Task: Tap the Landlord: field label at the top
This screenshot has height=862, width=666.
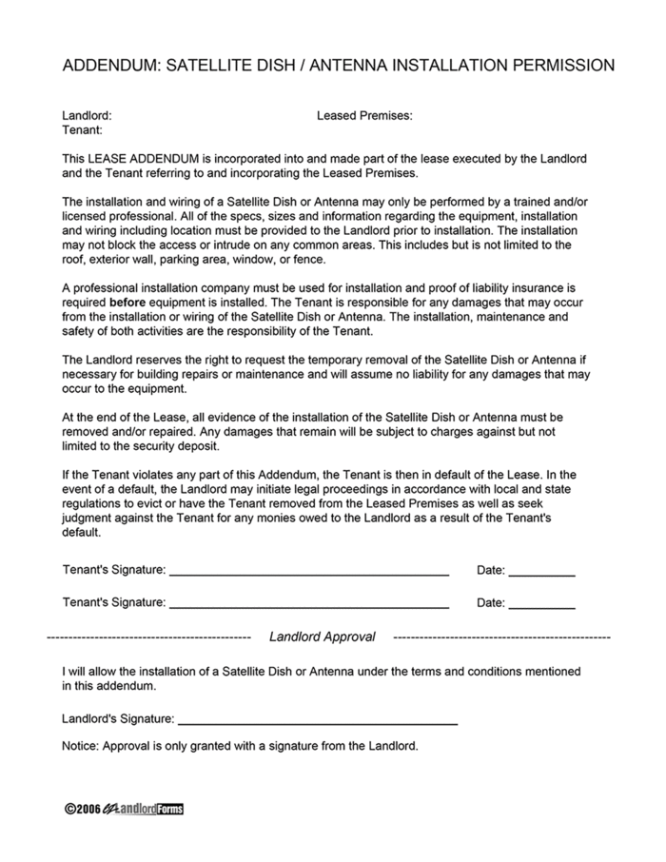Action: tap(87, 115)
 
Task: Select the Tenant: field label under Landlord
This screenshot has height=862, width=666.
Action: tap(83, 129)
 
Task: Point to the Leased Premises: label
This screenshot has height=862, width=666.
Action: tap(364, 115)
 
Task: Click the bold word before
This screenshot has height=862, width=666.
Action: tap(128, 302)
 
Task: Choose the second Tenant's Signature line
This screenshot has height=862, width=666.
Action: tap(308, 607)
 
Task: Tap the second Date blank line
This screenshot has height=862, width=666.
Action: tap(541, 607)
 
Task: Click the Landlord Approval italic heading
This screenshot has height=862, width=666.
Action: tap(323, 637)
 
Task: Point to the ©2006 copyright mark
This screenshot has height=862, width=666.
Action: tap(83, 809)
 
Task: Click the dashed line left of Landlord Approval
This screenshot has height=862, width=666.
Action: tap(148, 637)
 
